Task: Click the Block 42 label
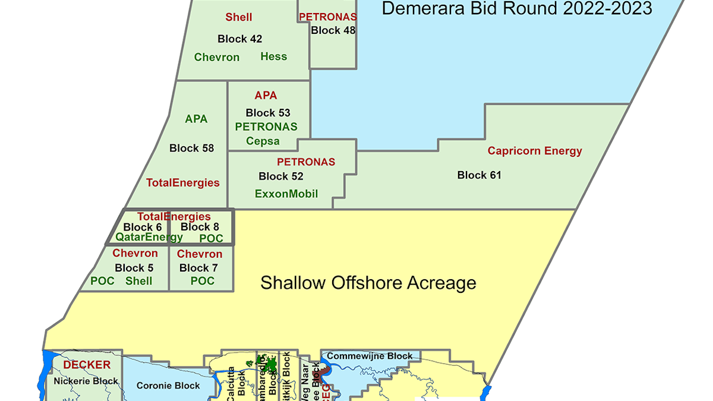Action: (239, 39)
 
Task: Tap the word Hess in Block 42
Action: (273, 56)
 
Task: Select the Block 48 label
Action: (333, 30)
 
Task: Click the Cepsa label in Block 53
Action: (263, 141)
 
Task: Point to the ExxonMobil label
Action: (286, 194)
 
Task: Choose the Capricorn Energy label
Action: (535, 151)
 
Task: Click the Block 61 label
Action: (479, 175)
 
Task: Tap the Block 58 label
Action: (191, 148)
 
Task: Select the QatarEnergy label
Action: (149, 237)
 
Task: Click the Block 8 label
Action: (200, 226)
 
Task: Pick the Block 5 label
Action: (134, 268)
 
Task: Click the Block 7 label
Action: (198, 268)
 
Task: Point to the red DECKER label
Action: (87, 365)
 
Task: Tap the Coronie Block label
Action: (168, 386)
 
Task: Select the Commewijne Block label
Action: (370, 356)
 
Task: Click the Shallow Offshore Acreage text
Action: (368, 283)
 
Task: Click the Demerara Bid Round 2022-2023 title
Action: (516, 8)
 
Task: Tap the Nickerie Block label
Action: (85, 381)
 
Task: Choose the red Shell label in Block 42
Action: (239, 17)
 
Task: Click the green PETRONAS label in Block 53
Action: (266, 127)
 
